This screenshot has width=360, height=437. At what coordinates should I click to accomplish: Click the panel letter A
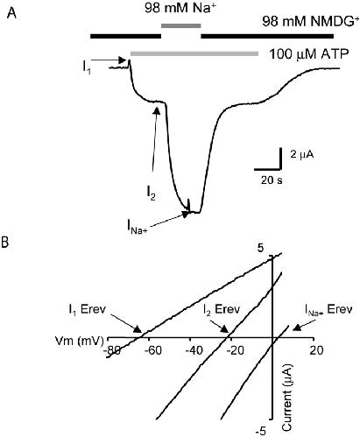tap(11, 13)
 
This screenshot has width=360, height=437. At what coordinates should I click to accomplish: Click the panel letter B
tap(4, 243)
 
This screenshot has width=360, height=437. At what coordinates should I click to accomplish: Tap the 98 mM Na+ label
tap(180, 8)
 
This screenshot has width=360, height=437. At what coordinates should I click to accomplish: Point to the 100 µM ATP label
tap(308, 54)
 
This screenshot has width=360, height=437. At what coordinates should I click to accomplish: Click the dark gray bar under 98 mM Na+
tap(181, 25)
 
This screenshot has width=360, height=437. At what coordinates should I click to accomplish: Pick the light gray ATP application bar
tap(194, 53)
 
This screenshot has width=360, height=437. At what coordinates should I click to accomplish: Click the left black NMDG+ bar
tap(126, 36)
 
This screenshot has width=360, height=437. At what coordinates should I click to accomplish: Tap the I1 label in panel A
tap(87, 67)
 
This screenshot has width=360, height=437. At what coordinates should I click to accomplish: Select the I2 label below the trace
tap(151, 194)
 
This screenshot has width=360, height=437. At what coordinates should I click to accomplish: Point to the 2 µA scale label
tap(302, 154)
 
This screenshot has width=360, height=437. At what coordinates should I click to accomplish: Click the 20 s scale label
tap(272, 180)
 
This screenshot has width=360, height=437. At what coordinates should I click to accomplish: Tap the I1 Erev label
tap(87, 309)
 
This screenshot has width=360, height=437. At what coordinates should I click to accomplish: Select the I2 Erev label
tap(222, 309)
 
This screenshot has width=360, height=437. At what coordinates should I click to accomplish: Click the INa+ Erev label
tap(328, 309)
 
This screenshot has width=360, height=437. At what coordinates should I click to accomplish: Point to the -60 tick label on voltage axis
tap(153, 350)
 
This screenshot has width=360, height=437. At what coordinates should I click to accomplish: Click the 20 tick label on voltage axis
tap(316, 350)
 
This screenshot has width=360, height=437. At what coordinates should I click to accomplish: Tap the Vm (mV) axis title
tap(80, 341)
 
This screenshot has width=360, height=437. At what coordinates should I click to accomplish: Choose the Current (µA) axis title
tap(287, 398)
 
